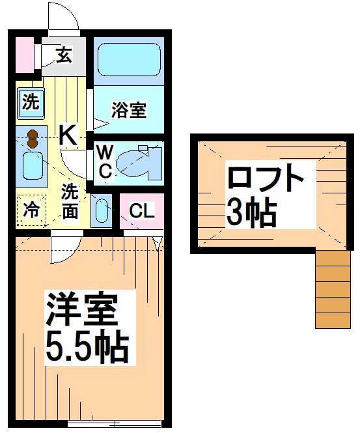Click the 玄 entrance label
[64, 55]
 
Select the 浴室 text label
[128, 109]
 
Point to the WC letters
[105, 161]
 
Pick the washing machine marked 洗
[30, 102]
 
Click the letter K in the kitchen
[68, 135]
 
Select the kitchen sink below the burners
[33, 166]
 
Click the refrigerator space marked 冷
[31, 210]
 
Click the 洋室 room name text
[81, 311]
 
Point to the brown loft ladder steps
[333, 289]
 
